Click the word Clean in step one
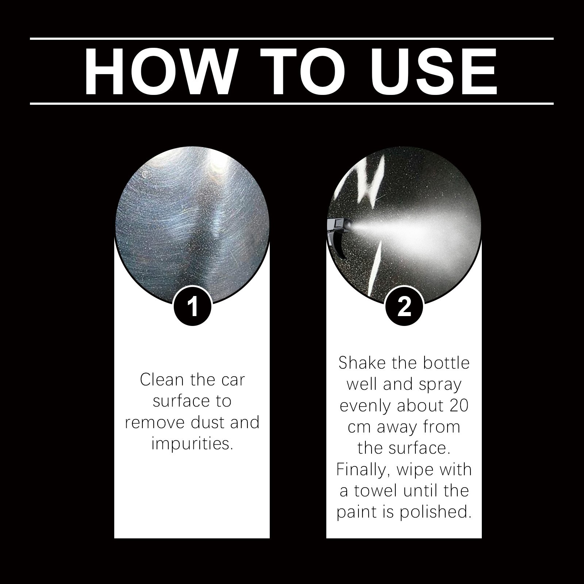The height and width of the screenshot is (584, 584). [x=162, y=380]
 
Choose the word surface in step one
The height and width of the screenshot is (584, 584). [x=177, y=401]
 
